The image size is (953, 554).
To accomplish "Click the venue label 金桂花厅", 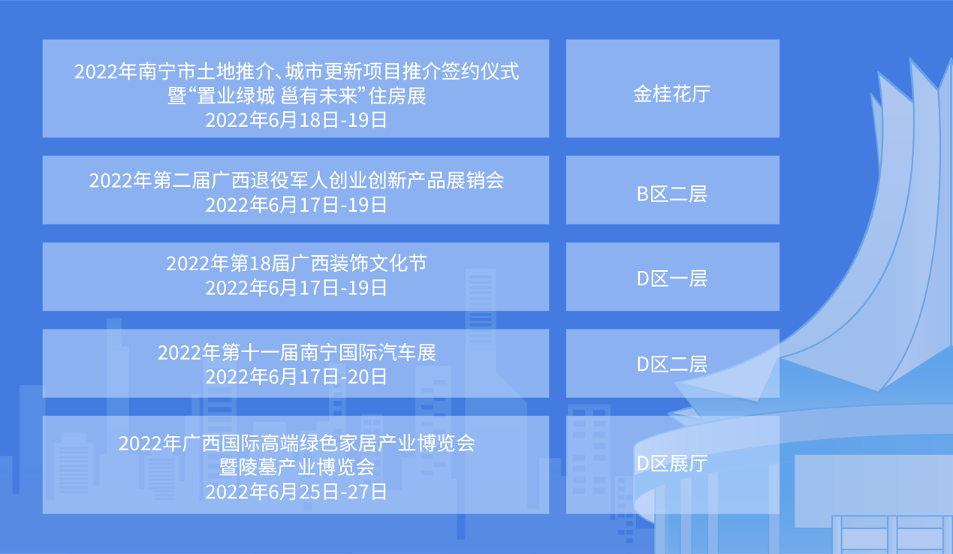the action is tap(672, 94).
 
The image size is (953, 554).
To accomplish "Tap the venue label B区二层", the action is tap(672, 194).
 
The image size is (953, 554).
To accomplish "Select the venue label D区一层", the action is tap(672, 279).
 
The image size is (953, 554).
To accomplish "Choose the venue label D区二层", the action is tap(672, 364).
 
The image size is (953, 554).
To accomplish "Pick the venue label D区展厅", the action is tap(672, 463).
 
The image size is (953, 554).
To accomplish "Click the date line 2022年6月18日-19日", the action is tap(296, 120).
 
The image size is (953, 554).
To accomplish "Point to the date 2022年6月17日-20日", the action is tap(296, 377).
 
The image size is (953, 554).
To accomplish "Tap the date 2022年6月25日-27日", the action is tap(296, 492).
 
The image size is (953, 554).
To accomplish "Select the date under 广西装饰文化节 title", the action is tap(296, 288).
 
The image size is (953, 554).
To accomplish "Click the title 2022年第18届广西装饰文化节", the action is tap(297, 263).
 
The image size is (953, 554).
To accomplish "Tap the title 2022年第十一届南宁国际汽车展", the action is tap(297, 353).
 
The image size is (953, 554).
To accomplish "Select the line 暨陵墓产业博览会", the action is tap(297, 468).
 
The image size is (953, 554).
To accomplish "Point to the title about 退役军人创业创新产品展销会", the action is tap(297, 181).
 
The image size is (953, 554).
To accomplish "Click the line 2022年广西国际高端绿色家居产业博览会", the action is tap(297, 444).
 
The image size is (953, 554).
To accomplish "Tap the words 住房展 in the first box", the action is tap(397, 96).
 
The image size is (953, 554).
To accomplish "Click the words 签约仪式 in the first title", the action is tap(480, 71).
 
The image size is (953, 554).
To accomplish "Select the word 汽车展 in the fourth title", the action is tap(407, 353).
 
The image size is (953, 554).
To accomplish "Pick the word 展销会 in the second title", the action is tap(475, 181).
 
